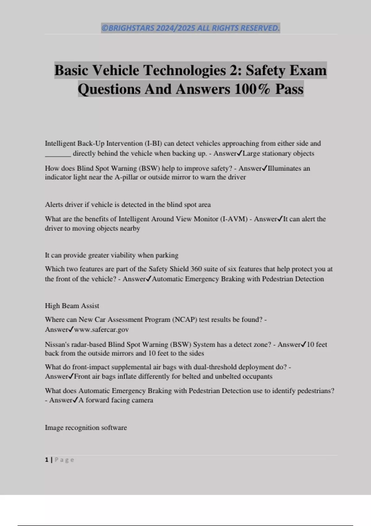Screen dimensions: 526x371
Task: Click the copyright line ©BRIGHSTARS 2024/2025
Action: tap(190, 28)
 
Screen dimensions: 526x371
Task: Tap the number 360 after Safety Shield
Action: tap(196, 269)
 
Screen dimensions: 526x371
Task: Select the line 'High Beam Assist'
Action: tap(72, 306)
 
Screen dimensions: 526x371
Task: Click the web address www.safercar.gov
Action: tap(101, 330)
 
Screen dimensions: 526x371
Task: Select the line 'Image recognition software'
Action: tap(86, 428)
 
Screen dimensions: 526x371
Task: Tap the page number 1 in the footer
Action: tap(47, 460)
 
